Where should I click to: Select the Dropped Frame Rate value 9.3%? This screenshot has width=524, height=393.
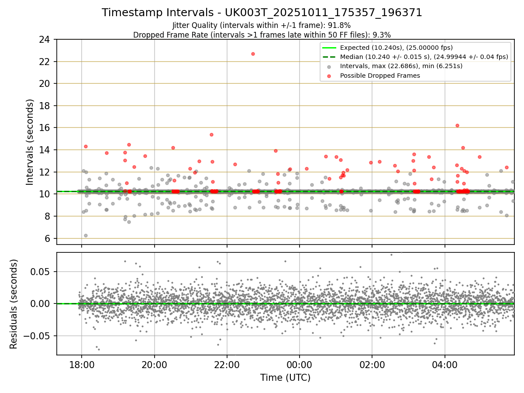pyautogui.click(x=380, y=35)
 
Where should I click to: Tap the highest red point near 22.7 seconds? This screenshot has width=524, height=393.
pyautogui.click(x=253, y=54)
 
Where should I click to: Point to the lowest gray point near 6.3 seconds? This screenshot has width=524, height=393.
pyautogui.click(x=86, y=235)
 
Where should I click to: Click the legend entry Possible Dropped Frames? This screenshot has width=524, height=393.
pyautogui.click(x=380, y=76)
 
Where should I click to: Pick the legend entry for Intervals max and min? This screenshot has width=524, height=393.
pyautogui.click(x=401, y=66)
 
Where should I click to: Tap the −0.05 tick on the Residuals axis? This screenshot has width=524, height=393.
pyautogui.click(x=40, y=336)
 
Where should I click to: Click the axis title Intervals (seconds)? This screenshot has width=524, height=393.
pyautogui.click(x=30, y=142)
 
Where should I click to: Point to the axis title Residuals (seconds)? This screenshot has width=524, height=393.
pyautogui.click(x=14, y=304)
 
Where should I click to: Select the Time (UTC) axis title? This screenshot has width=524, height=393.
pyautogui.click(x=285, y=378)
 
